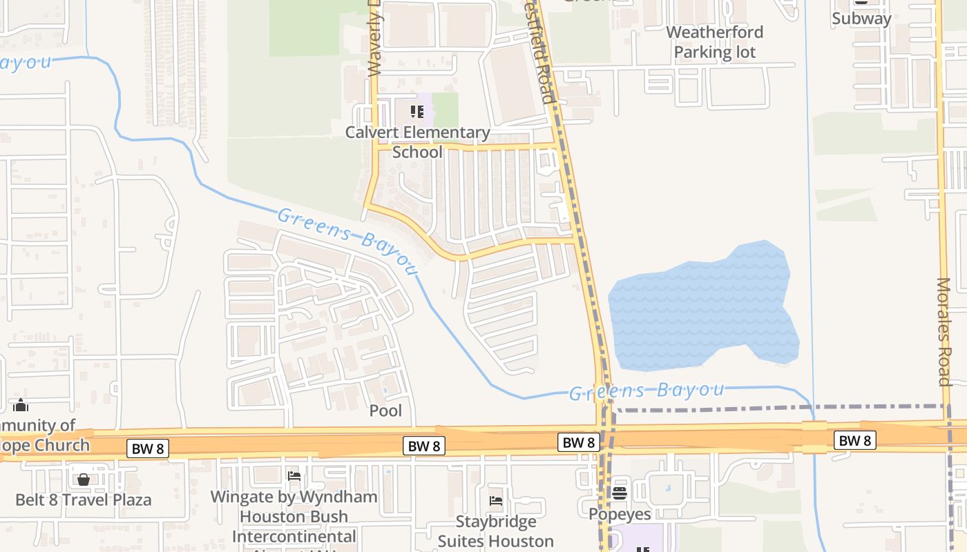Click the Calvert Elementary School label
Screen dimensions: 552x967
[417, 141]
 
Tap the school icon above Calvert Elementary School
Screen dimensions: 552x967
[417, 111]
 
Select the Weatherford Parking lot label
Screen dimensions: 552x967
[714, 42]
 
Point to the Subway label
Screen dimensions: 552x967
[861, 19]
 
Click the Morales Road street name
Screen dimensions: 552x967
[944, 331]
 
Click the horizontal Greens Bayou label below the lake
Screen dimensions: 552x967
[646, 391]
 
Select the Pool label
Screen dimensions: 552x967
[385, 411]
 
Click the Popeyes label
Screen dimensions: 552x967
[620, 514]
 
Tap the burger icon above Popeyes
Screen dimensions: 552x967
[620, 493]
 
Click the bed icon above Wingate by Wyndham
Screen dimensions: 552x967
[294, 475]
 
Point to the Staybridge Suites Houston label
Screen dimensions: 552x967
[495, 531]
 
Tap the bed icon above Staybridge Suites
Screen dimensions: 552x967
[495, 500]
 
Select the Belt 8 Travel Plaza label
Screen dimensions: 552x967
[84, 500]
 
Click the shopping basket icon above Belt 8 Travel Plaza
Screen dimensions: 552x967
[84, 479]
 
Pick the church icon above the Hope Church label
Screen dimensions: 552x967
[21, 404]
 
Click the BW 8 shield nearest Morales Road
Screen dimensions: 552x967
[854, 440]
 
